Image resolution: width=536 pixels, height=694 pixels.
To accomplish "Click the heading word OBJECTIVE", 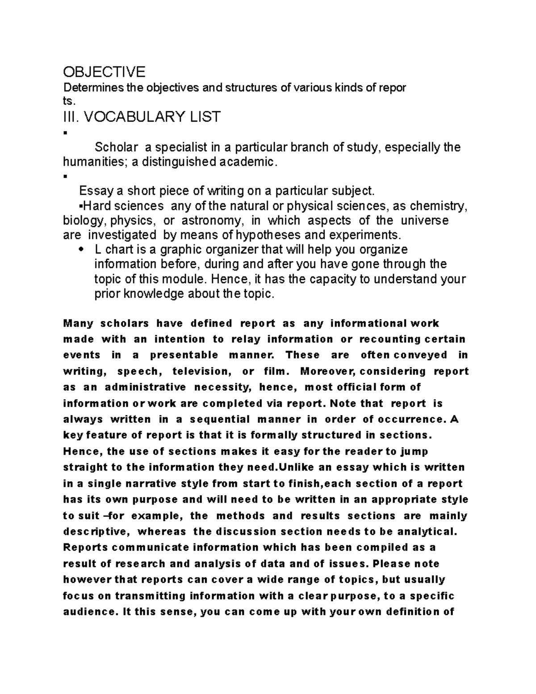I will [x=104, y=72].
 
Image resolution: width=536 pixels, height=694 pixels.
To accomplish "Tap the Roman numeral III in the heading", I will [x=71, y=117].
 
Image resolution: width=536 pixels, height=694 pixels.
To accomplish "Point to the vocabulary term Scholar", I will [x=113, y=147].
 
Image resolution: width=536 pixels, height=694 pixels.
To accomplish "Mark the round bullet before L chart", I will [x=81, y=250].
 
